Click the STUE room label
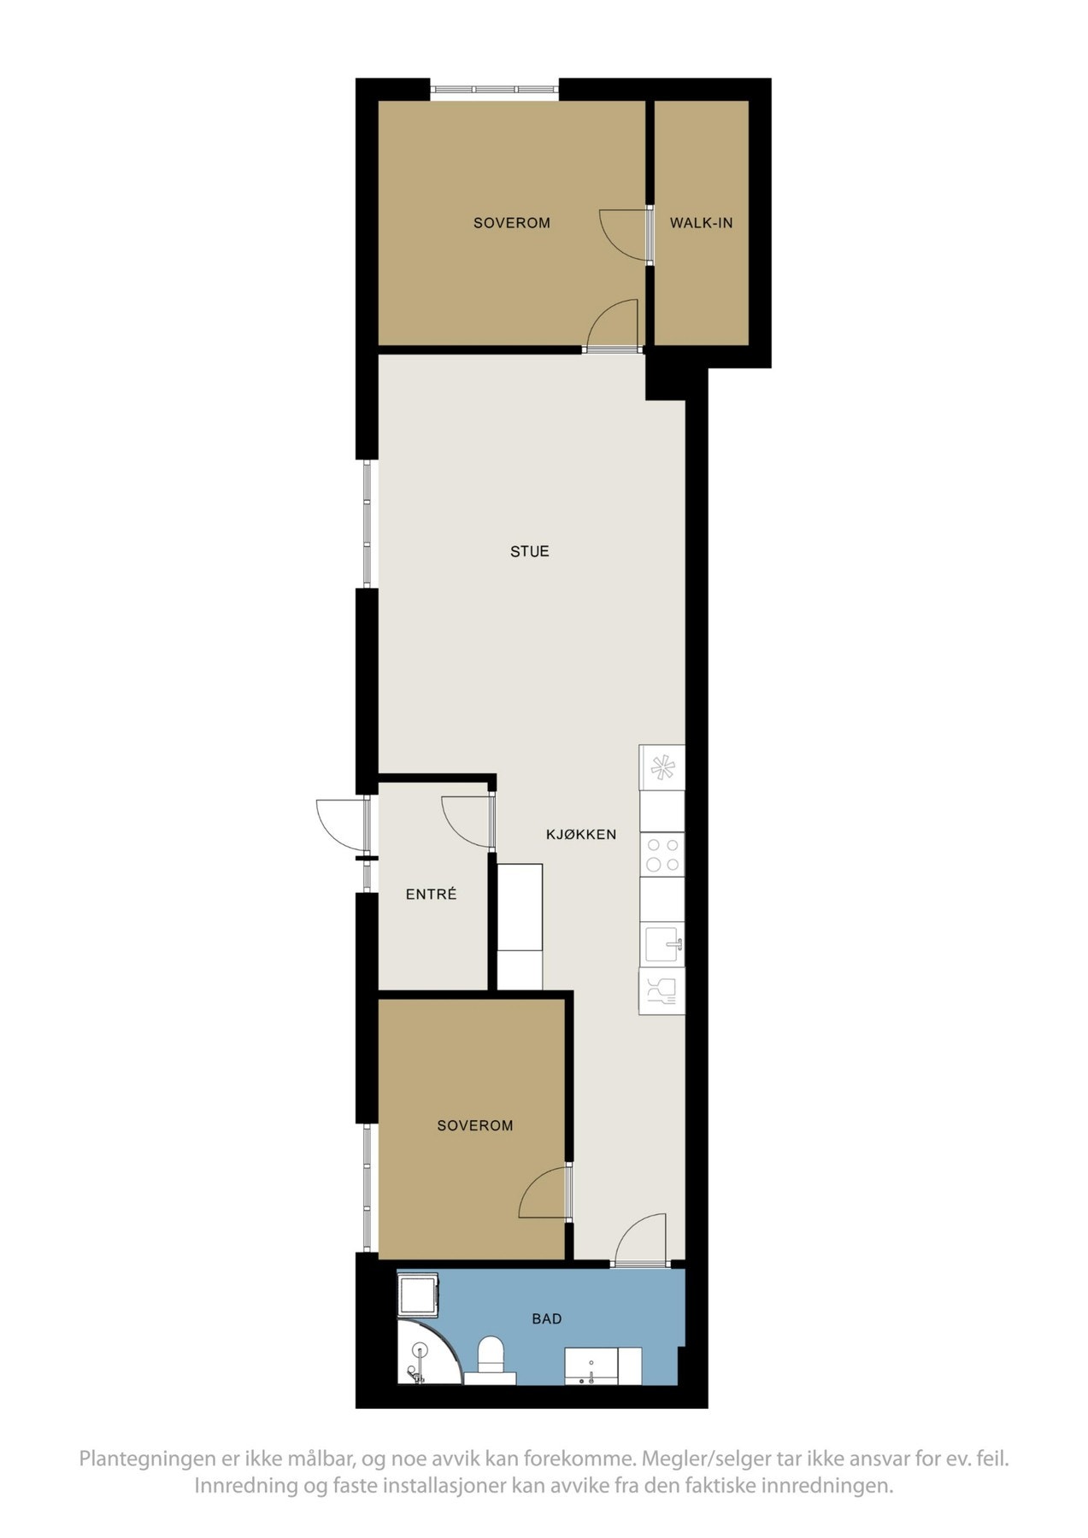pyautogui.click(x=529, y=552)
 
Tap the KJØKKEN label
pyautogui.click(x=581, y=835)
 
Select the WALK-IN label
pyautogui.click(x=701, y=224)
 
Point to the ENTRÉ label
pyautogui.click(x=431, y=895)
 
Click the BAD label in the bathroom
pyautogui.click(x=547, y=1319)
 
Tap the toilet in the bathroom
pyautogui.click(x=491, y=1359)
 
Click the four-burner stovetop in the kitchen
pyautogui.click(x=662, y=854)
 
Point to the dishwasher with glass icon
pyautogui.click(x=662, y=991)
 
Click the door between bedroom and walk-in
pyautogui.click(x=625, y=233)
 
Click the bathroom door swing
pyautogui.click(x=641, y=1239)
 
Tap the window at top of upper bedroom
pyautogui.click(x=494, y=89)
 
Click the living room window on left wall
pyautogui.click(x=368, y=524)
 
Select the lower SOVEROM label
pyautogui.click(x=475, y=1126)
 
